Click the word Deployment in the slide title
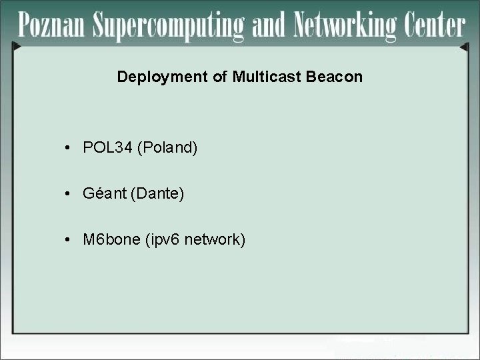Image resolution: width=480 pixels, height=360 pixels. point(163,77)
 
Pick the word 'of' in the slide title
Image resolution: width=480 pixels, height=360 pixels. point(220,77)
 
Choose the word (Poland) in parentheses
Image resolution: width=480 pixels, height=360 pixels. point(167,148)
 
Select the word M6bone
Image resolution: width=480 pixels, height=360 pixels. point(111,239)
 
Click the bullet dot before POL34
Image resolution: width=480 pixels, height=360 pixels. point(69,148)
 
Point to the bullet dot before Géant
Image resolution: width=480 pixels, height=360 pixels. point(69,195)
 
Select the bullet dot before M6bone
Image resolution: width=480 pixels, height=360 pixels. point(69,240)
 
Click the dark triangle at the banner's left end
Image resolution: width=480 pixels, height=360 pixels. point(17,47)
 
